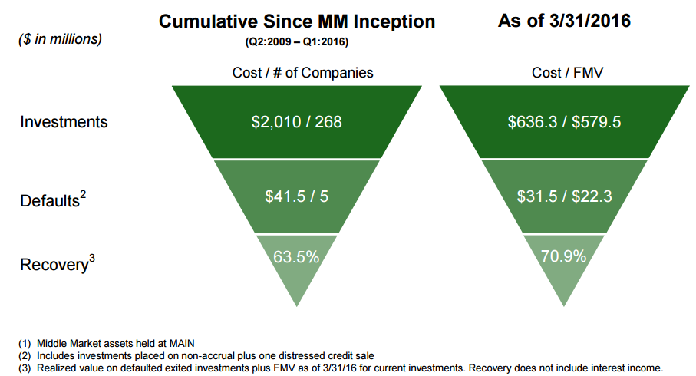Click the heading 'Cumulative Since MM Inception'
tap(296, 21)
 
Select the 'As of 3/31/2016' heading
tap(564, 21)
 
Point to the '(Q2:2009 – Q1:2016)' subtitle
tap(296, 43)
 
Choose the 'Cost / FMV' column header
tap(565, 73)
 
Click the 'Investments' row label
tap(64, 122)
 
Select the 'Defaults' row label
tap(49, 201)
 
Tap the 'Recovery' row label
tap(53, 266)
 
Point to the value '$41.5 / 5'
tap(297, 196)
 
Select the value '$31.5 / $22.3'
tap(564, 196)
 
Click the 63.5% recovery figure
tap(296, 256)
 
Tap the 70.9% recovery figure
tap(564, 256)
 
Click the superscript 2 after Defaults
tap(83, 195)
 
